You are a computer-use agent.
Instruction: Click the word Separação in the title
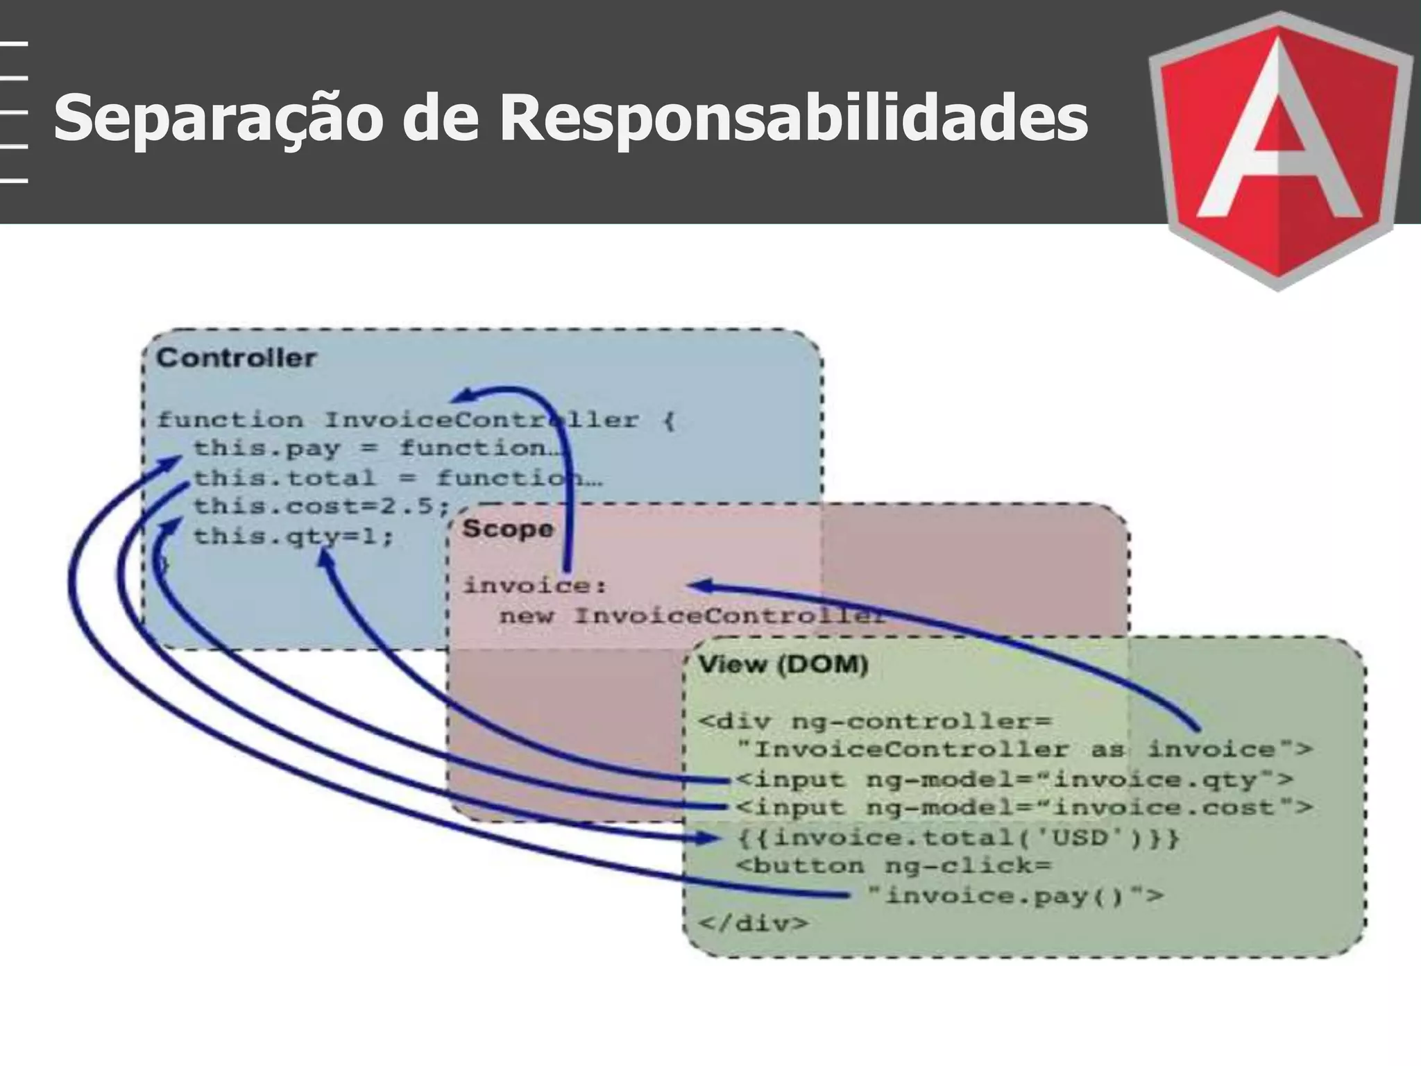pos(218,118)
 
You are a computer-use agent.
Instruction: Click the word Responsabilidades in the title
pos(793,118)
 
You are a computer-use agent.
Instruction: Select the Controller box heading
pos(236,358)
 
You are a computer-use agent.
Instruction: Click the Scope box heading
pos(508,529)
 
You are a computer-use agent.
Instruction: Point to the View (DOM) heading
pos(783,665)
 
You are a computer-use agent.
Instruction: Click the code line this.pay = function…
pos(378,448)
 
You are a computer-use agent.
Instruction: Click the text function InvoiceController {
pos(415,420)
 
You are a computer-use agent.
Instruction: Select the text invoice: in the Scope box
pos(535,586)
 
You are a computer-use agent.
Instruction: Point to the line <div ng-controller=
pos(875,721)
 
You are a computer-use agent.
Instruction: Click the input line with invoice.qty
pos(1014,779)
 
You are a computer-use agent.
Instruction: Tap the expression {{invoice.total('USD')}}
pos(958,838)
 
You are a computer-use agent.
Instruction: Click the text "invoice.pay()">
pos(1015,896)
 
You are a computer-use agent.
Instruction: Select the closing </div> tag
pos(754,924)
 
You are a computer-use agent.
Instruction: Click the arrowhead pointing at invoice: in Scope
pos(697,586)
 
